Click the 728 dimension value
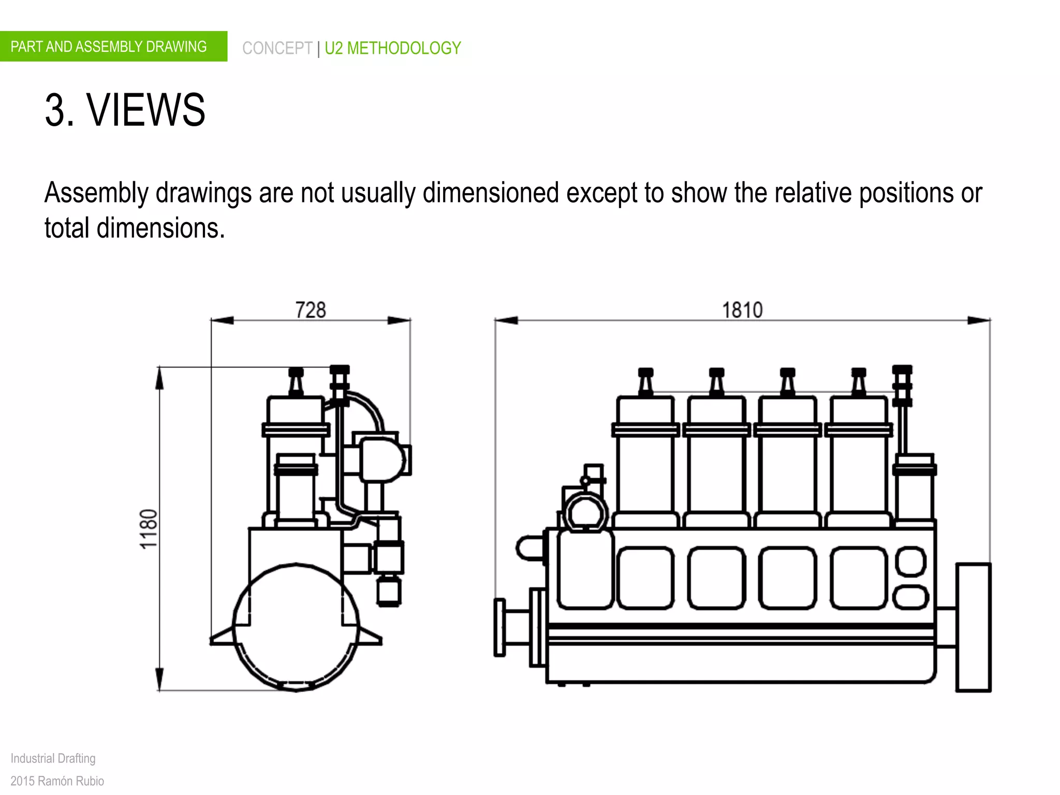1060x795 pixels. (311, 310)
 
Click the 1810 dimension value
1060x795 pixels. (742, 310)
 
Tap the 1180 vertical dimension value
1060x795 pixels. (149, 528)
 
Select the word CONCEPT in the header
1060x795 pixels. (277, 48)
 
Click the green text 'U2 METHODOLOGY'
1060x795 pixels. (393, 48)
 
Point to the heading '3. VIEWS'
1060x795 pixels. (125, 110)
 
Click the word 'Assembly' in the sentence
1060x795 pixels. (96, 193)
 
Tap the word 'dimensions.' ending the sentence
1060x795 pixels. (160, 228)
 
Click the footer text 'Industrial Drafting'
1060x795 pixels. (53, 758)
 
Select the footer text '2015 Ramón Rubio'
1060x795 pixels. (57, 781)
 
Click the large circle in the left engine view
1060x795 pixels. (296, 627)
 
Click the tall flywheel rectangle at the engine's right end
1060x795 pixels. (973, 627)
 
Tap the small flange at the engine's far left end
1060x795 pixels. (500, 627)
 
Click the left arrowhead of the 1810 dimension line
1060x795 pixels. (506, 320)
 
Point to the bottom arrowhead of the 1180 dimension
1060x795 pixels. (159, 679)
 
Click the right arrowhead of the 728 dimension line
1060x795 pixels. (400, 320)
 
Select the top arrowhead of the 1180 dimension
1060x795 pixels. (159, 378)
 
